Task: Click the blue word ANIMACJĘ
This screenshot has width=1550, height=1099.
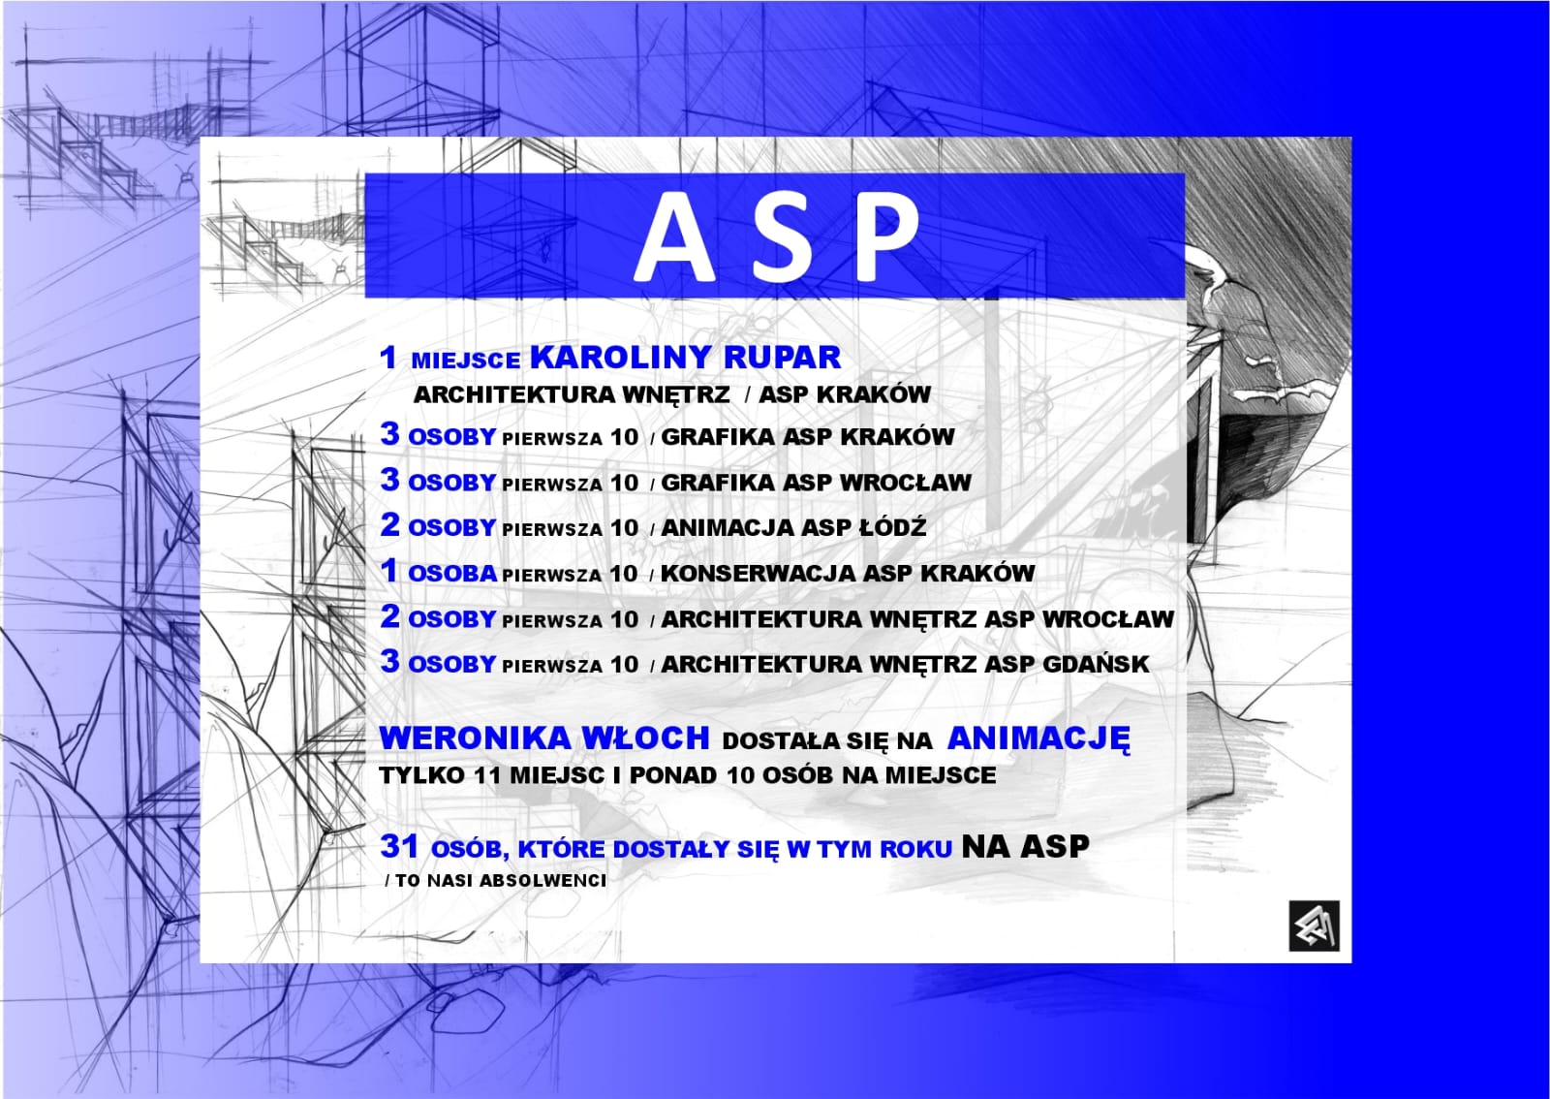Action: [1038, 739]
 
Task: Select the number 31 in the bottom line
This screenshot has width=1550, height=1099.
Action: [400, 846]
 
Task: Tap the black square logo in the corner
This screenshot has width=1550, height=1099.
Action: [1315, 926]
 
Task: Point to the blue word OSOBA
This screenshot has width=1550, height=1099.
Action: [452, 574]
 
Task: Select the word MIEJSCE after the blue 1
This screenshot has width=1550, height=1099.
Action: [466, 361]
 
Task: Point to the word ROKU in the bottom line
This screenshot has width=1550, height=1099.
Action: [915, 849]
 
